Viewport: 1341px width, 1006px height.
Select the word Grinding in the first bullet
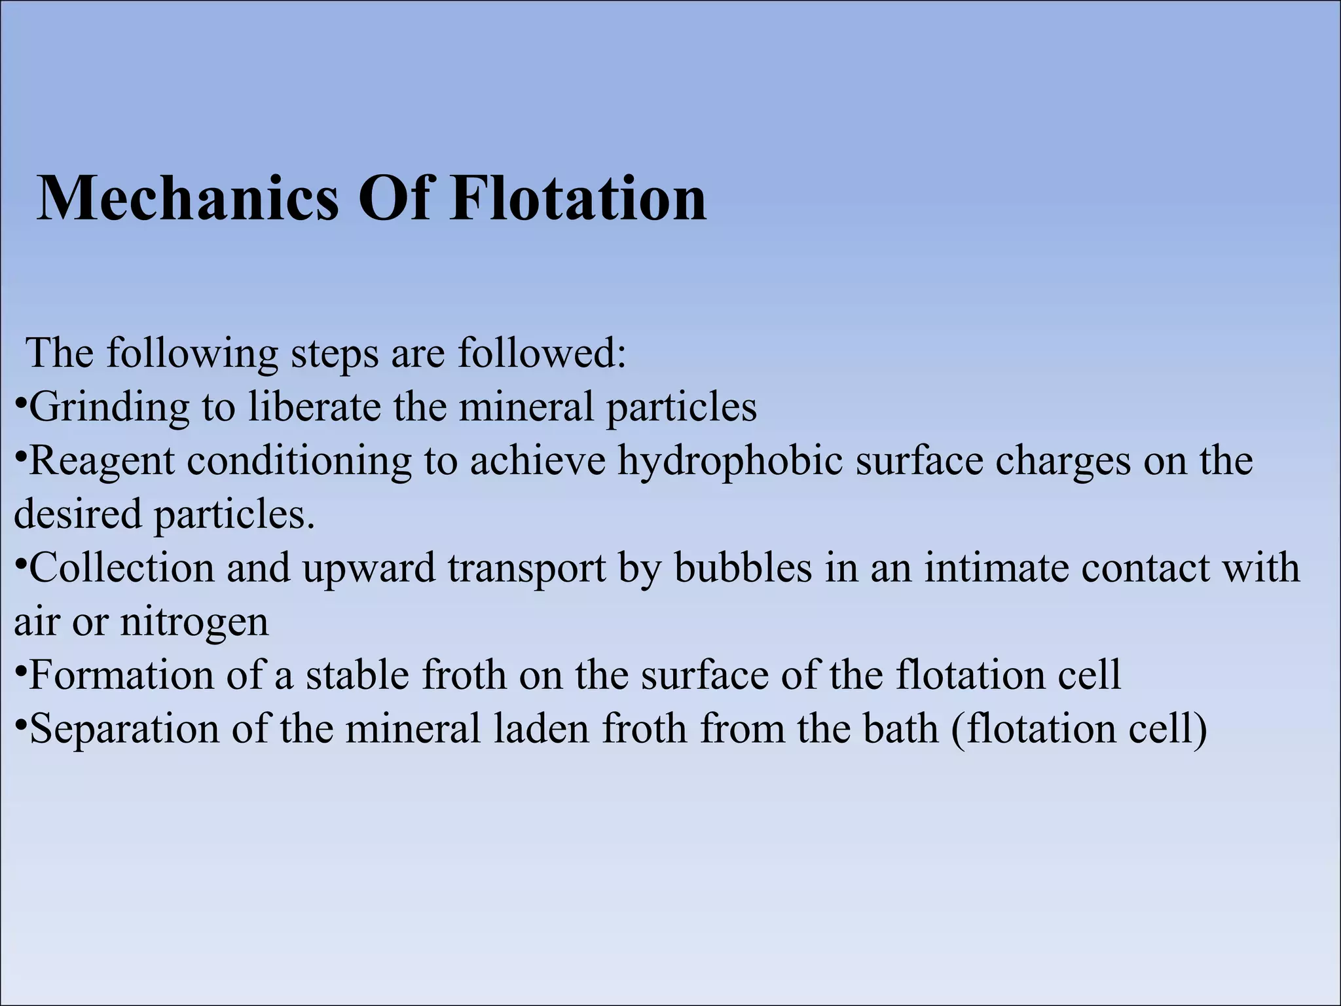pos(109,408)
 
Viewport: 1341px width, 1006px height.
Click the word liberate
pos(314,407)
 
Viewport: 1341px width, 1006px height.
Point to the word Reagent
pos(102,462)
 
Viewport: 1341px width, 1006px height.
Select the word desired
pos(77,514)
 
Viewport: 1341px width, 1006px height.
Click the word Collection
pos(122,568)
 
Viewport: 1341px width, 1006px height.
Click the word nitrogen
pos(194,623)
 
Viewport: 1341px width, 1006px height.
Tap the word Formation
pos(122,675)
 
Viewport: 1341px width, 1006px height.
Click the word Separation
pos(124,729)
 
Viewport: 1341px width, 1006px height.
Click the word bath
pos(900,729)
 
